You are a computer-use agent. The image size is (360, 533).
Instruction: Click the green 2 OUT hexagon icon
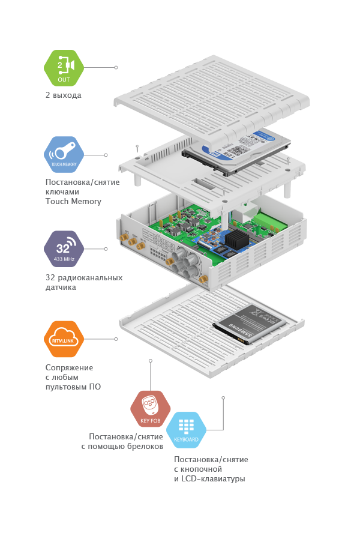click(64, 68)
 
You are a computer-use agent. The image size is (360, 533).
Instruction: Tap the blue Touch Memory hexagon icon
click(64, 154)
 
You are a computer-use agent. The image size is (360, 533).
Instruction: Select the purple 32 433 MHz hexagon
click(64, 248)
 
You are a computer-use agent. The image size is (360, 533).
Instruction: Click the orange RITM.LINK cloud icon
click(64, 339)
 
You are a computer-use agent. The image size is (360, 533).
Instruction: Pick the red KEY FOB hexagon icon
click(150, 408)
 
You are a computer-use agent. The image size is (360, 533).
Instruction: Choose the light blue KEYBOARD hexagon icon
click(186, 430)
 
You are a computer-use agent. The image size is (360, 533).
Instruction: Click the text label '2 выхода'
click(63, 95)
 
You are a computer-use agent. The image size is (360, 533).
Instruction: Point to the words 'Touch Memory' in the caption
click(73, 201)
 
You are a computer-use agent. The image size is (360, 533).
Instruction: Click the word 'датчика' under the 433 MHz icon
click(62, 288)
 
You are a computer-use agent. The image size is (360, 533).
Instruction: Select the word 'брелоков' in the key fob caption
click(146, 447)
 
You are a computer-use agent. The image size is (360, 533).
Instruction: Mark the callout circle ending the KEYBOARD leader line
click(223, 397)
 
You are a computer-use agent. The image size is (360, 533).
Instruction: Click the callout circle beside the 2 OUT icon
click(116, 68)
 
